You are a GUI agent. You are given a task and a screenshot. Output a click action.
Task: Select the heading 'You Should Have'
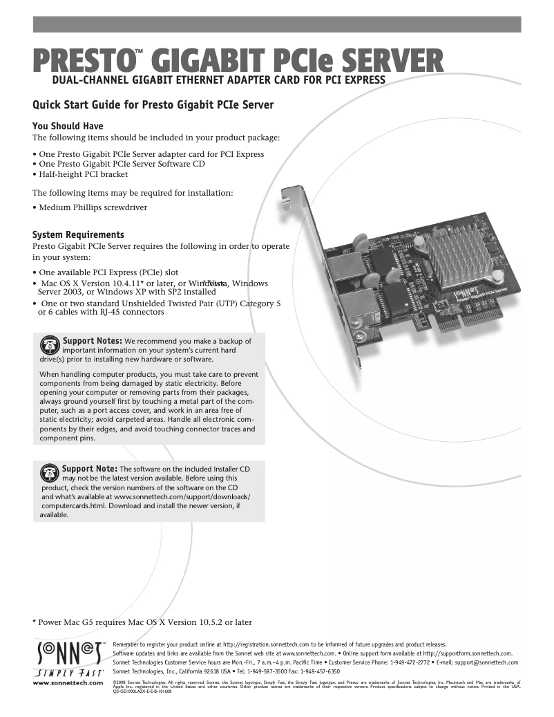(x=68, y=126)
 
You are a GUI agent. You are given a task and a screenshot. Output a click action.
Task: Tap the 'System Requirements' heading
(x=79, y=234)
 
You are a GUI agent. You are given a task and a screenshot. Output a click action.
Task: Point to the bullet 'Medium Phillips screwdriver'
(x=92, y=207)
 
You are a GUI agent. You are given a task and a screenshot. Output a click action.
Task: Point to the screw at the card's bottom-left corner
(x=361, y=335)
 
